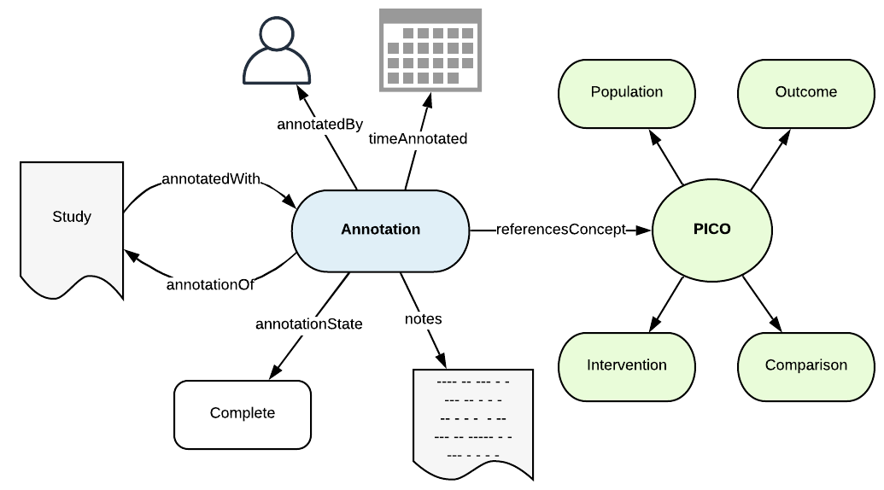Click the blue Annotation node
[x=380, y=230]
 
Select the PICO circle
[x=711, y=230]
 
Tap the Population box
[x=626, y=92]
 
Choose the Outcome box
[x=805, y=92]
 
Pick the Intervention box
[x=626, y=365]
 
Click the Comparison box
[x=805, y=365]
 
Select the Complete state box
[x=243, y=414]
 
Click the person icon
[x=275, y=51]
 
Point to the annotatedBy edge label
[x=319, y=124]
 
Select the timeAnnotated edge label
[x=418, y=138]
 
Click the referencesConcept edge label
[x=560, y=230]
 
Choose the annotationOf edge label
[x=210, y=284]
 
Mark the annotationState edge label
[x=308, y=324]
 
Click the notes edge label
[x=423, y=318]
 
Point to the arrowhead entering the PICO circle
[x=646, y=230]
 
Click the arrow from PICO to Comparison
[x=762, y=302]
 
